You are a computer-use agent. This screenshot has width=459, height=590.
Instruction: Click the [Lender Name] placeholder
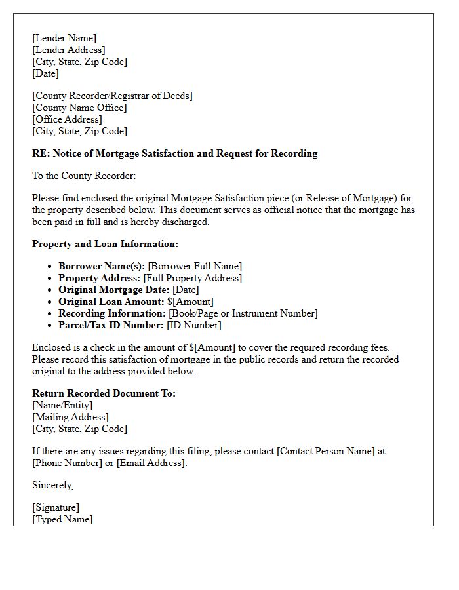[x=64, y=38]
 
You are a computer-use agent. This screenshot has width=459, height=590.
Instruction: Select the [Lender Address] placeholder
[x=68, y=50]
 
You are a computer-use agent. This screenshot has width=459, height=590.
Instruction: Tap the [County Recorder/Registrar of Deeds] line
[x=112, y=96]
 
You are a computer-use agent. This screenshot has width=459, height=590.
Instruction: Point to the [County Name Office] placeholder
[x=79, y=108]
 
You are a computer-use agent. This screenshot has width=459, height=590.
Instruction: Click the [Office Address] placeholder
[x=67, y=119]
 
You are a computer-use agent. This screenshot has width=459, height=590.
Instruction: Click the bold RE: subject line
[x=174, y=153]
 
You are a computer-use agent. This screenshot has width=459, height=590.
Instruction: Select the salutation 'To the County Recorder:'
[x=84, y=176]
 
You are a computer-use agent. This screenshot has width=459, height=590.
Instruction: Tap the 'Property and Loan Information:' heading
[x=105, y=244]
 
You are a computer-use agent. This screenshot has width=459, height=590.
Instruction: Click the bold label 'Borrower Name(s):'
[x=102, y=266]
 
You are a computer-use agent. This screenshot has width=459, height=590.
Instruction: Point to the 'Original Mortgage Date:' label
[x=114, y=290]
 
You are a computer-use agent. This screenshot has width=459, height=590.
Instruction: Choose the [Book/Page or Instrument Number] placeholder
[x=243, y=313]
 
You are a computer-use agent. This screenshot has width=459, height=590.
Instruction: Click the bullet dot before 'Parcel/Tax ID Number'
[x=50, y=325]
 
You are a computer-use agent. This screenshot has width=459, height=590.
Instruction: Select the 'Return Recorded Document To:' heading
[x=104, y=393]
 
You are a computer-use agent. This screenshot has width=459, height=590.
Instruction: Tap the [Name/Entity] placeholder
[x=62, y=405]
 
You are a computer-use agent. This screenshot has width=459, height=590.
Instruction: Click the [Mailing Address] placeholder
[x=70, y=417]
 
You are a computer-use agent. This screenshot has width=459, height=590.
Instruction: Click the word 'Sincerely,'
[x=53, y=485]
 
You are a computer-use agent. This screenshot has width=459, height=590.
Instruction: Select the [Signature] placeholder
[x=56, y=507]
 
